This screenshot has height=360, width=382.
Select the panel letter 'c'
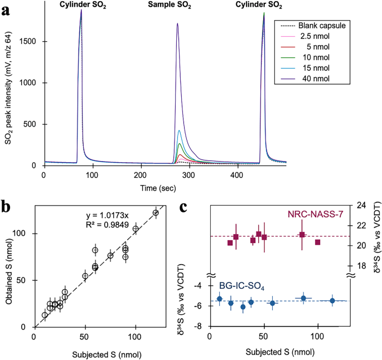(x=188, y=207)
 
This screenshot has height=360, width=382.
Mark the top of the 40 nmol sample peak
(x=177, y=24)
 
